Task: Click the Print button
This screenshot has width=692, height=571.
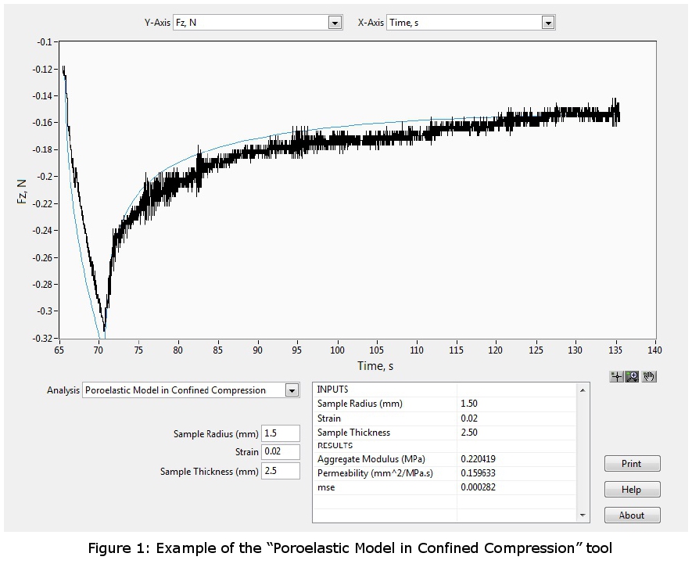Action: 632,464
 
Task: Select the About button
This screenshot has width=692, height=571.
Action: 632,515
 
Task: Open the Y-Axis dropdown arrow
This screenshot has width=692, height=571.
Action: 335,23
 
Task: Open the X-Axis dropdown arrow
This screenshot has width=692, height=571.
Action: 548,23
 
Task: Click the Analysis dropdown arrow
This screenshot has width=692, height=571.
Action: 292,390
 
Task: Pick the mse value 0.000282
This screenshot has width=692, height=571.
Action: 478,487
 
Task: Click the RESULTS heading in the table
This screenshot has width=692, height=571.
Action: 335,446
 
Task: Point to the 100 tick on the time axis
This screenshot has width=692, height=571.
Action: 338,350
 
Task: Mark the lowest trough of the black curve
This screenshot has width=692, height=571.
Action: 104,332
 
